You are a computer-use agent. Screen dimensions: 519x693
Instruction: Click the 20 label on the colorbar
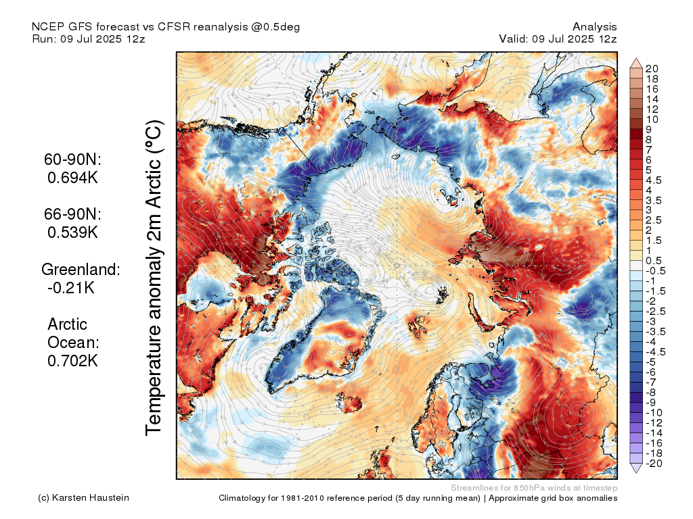(652, 68)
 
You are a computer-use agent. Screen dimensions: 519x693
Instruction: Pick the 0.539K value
(73, 232)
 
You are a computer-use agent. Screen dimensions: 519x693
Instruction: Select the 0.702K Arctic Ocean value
(73, 360)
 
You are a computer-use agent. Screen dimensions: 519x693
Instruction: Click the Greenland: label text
(81, 269)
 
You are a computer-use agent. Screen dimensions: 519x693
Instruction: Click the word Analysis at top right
(594, 26)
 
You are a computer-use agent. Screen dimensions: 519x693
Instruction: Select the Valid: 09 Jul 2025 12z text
(558, 39)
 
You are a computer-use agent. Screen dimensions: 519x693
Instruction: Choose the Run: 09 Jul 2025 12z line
(89, 39)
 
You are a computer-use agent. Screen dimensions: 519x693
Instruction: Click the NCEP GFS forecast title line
(166, 26)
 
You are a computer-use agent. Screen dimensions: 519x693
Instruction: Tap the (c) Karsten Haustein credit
(83, 498)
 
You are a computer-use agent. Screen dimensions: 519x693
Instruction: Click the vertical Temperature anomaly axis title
(154, 277)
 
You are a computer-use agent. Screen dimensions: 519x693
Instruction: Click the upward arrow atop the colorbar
(636, 62)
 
